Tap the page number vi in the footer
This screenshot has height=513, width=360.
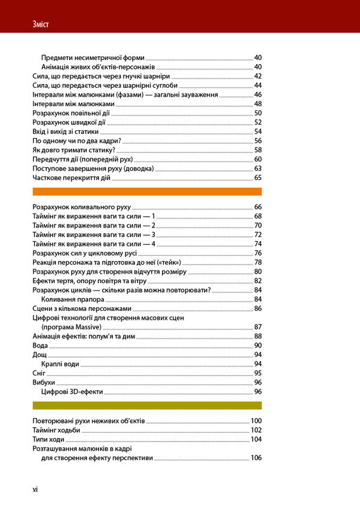35,490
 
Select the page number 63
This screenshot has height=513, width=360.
258,169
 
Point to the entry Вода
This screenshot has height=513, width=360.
39,346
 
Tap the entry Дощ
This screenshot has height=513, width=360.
39,355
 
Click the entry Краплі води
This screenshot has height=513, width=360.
62,364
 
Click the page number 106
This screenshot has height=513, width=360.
256,458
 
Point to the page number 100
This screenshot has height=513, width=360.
256,421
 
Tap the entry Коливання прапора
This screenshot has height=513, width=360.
70,299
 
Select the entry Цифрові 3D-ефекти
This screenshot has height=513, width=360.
72,391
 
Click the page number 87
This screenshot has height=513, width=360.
258,327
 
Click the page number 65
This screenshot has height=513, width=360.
258,178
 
